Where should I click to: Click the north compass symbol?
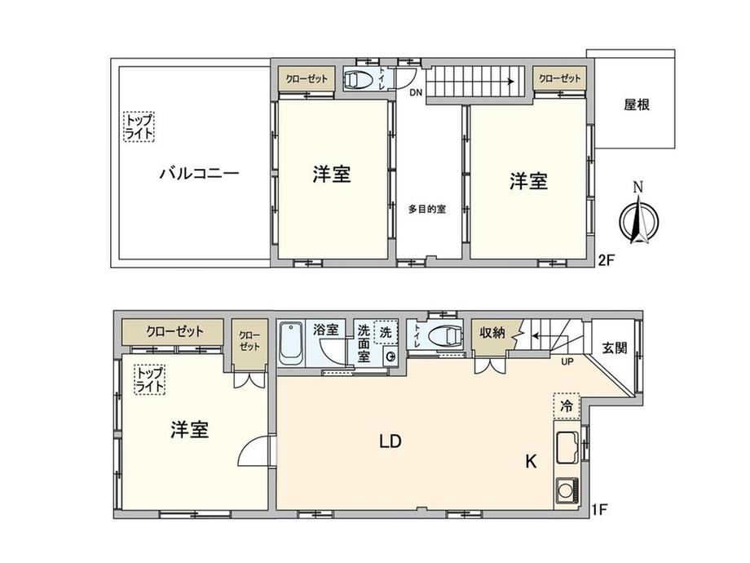click(x=638, y=218)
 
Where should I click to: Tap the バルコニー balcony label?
click(x=199, y=173)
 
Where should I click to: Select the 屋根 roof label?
click(x=637, y=104)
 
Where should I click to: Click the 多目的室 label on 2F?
click(x=426, y=209)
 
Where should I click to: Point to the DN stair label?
click(x=416, y=93)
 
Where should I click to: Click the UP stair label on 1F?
click(x=567, y=362)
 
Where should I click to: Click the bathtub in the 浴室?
click(x=291, y=343)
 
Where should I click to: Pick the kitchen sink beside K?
click(x=567, y=448)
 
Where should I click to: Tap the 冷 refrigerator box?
click(x=567, y=406)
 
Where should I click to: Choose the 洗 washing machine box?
click(x=386, y=332)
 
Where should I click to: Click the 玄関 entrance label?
click(x=614, y=348)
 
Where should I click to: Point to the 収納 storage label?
click(x=492, y=332)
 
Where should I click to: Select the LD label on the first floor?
click(x=390, y=441)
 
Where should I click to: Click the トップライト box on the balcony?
click(x=139, y=126)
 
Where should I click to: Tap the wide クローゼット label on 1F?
click(x=174, y=331)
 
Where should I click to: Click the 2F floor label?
click(x=606, y=260)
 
